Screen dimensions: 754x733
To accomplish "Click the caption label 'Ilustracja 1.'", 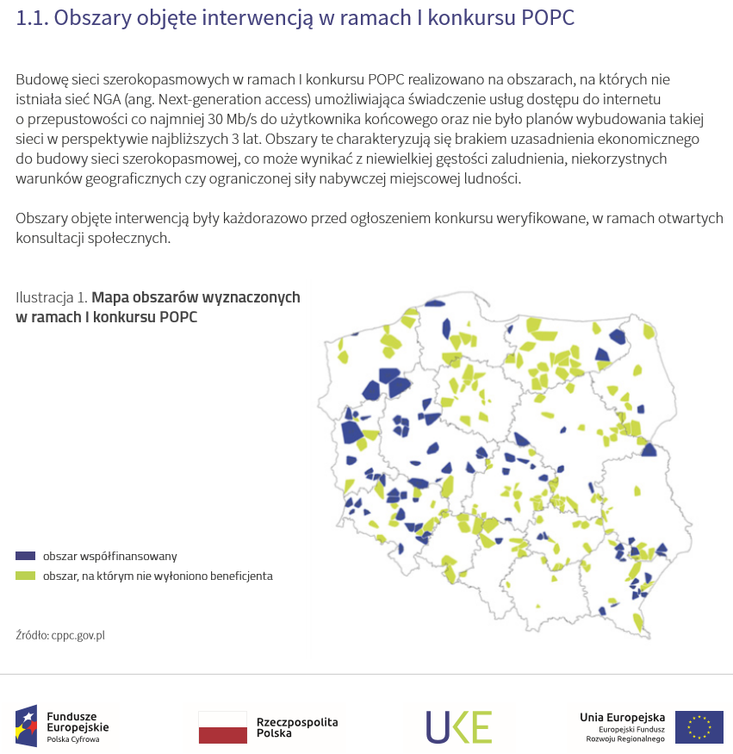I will pos(51,297).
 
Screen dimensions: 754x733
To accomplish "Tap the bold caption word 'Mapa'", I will pos(109,297).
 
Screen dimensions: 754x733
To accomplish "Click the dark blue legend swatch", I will pos(26,557).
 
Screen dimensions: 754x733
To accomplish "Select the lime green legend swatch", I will pos(26,576).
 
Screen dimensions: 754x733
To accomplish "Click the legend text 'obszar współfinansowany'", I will pos(109,557).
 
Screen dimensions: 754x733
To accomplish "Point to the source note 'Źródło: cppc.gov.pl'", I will pos(60,635).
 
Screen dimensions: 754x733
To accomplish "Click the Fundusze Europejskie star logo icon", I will pos(27,725).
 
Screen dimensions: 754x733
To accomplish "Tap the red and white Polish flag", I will pos(222,726).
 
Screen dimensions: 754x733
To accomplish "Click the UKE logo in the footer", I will pos(458,726).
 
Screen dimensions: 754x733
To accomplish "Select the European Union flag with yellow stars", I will pos(699,726).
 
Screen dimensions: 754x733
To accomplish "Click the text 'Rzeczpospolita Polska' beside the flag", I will pos(297,727).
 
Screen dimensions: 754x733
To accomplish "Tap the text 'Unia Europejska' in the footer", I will pos(622,717).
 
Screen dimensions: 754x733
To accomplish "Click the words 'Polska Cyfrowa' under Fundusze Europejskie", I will pos(72,739).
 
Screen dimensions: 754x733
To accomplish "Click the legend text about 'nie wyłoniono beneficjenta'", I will pos(158,576).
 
